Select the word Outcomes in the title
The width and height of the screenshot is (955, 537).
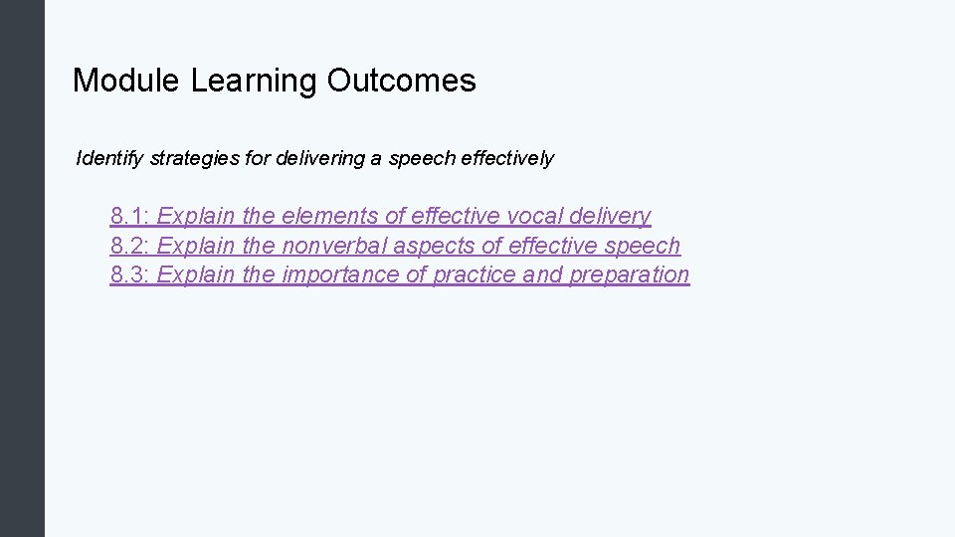click(401, 81)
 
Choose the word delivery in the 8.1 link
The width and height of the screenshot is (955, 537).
click(611, 216)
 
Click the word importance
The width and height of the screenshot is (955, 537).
click(341, 274)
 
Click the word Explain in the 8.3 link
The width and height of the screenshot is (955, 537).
click(196, 274)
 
